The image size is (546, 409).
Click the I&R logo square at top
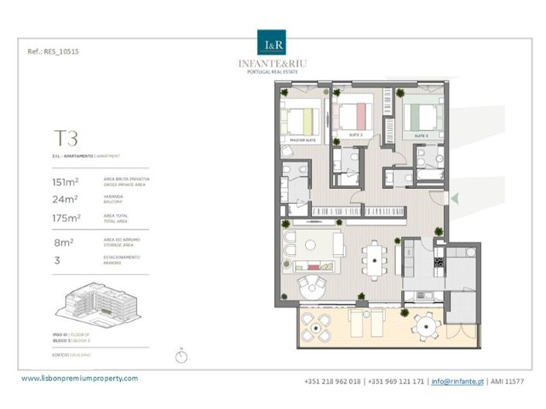[x=272, y=42]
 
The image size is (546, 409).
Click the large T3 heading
[x=66, y=139]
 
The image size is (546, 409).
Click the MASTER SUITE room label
[x=301, y=140]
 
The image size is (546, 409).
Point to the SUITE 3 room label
[x=421, y=136]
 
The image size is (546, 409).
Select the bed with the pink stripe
[x=354, y=115]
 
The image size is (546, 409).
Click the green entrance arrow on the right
[x=455, y=199]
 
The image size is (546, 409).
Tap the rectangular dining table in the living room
[x=375, y=259]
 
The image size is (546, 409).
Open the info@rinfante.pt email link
[x=457, y=382]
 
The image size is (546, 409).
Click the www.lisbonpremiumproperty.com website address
[x=80, y=379]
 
